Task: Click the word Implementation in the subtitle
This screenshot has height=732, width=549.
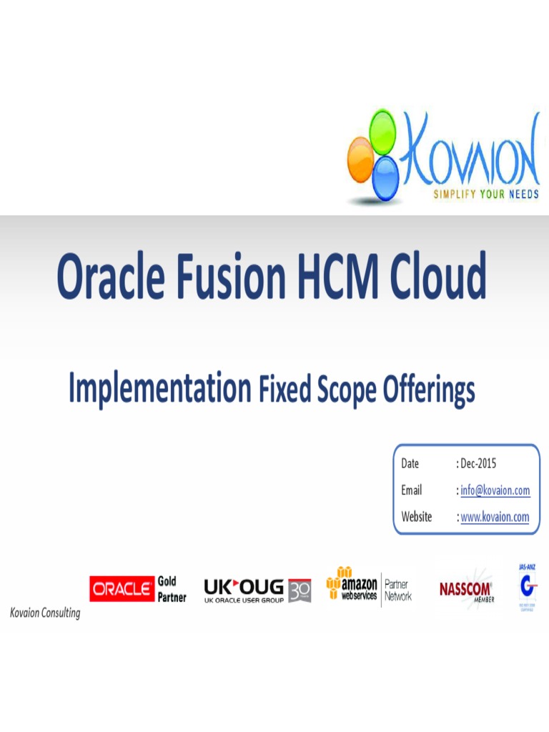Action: pos(159,390)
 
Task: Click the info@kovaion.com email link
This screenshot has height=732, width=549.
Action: pos(495,490)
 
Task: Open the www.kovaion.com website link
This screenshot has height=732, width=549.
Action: pos(495,517)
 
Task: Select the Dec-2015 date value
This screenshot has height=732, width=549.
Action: pos(478,464)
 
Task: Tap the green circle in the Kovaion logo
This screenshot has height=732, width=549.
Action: pos(382,129)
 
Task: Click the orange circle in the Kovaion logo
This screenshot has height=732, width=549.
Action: pos(360,159)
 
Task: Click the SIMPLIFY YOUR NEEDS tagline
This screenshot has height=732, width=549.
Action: pos(486,194)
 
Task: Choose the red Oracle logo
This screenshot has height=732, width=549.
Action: pos(122,589)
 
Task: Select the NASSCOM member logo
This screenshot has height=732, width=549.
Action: pos(465,590)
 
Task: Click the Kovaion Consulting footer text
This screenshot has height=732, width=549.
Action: pos(45,613)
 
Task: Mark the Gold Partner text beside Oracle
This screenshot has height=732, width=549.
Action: pos(172,589)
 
